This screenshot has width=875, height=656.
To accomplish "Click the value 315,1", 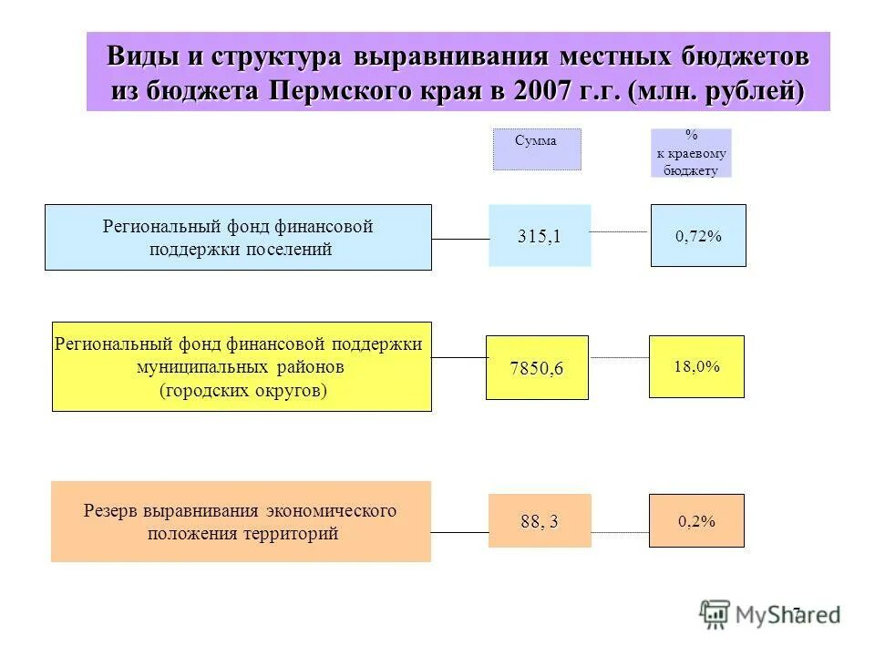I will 540,236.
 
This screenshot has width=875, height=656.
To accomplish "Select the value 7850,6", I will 537,368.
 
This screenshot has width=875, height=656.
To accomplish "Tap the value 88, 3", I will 540,521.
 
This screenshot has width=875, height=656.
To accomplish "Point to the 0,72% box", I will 698,236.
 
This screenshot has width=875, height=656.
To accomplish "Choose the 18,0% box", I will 696,366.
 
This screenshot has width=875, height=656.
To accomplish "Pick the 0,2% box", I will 696,521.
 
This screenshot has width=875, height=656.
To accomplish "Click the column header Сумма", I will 536,141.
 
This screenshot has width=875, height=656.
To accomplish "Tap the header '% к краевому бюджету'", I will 691,152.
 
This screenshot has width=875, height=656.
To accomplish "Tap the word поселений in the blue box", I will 290,249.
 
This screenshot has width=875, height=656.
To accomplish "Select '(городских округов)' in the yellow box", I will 243,390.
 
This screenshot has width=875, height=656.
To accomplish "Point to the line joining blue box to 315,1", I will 460,239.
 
